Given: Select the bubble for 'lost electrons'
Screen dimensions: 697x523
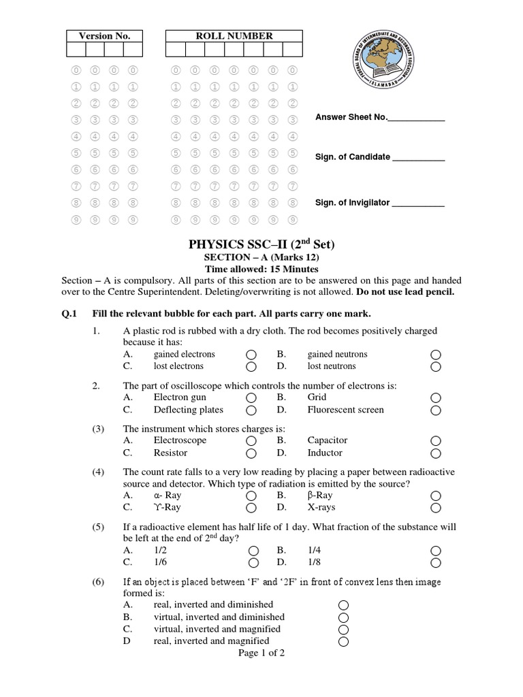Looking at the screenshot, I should (x=251, y=367).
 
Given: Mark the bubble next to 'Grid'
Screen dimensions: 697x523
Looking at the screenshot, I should (x=436, y=398).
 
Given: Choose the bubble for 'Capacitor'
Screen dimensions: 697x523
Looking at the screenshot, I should (x=436, y=441).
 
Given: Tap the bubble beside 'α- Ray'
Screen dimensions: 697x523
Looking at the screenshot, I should (x=251, y=496).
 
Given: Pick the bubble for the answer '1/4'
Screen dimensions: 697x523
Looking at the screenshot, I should (x=436, y=550).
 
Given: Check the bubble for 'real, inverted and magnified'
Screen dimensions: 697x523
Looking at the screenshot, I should (x=343, y=642).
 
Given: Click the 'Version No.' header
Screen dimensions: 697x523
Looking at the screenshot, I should (x=104, y=36).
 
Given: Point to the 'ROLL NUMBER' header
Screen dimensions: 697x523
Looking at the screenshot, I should (x=234, y=36).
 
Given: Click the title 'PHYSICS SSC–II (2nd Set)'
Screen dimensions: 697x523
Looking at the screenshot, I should (x=261, y=244).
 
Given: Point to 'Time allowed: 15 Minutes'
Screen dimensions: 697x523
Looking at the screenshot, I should (x=261, y=270).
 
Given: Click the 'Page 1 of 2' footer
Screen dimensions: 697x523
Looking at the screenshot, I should (x=261, y=653).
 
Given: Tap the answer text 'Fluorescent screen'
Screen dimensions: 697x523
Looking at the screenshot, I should (x=345, y=410).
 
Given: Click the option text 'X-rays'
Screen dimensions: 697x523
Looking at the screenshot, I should (x=321, y=507).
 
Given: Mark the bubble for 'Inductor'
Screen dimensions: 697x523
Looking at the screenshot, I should (x=436, y=454).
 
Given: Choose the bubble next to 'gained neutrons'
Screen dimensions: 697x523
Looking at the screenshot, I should (x=436, y=355).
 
